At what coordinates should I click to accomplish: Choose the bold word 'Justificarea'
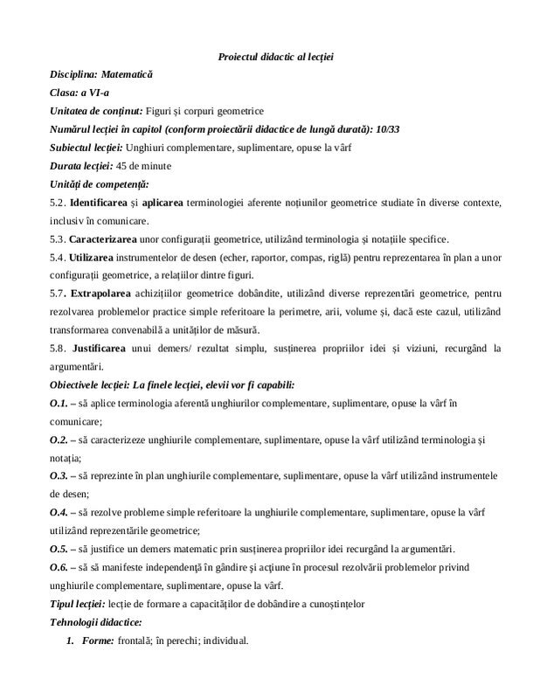[102, 349]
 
